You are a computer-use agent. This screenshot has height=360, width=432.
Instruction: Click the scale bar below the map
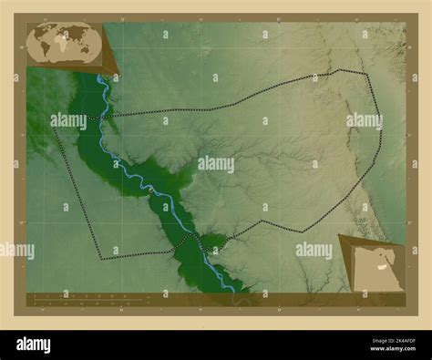pos(82,296)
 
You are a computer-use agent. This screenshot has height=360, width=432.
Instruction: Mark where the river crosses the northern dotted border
pos(106,116)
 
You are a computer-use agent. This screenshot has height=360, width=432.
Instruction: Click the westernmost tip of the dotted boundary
pos(54,129)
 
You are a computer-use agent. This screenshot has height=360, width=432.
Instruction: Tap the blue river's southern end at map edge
pos(231,291)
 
